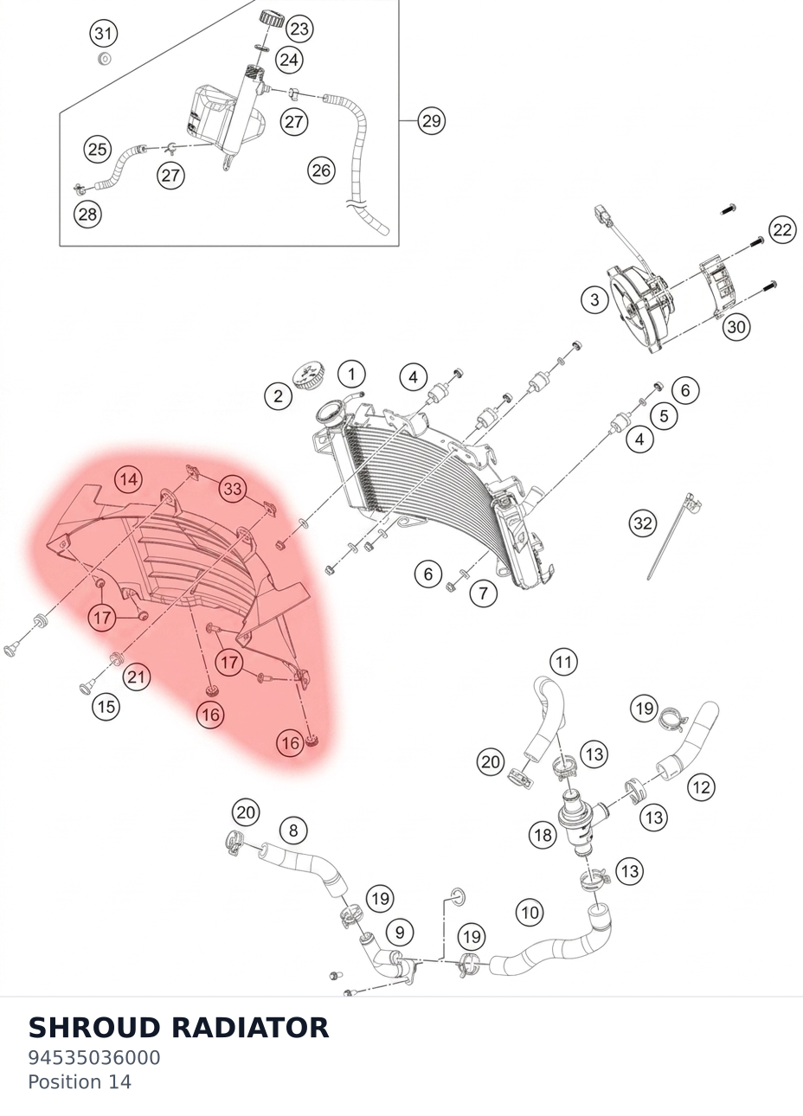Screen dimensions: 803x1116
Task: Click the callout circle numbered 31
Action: click(103, 34)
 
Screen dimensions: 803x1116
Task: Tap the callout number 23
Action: click(299, 29)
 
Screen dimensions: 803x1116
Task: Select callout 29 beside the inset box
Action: click(431, 120)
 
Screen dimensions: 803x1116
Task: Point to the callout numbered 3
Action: click(594, 300)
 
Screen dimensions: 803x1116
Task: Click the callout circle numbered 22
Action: click(782, 229)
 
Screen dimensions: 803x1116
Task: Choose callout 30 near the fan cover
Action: click(736, 327)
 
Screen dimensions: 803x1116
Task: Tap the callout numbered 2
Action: click(278, 396)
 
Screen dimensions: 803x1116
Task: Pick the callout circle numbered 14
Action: click(129, 479)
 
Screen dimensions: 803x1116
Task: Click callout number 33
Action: click(233, 489)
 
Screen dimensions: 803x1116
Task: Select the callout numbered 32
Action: click(643, 523)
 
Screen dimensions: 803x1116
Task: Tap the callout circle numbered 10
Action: click(530, 912)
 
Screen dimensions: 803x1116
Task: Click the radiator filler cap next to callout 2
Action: click(309, 375)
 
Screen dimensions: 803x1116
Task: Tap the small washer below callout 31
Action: click(104, 60)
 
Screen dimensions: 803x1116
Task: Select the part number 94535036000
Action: click(94, 1058)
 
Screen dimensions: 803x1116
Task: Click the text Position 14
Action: click(80, 1082)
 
